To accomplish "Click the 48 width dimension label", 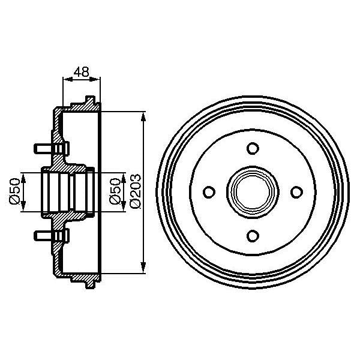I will [81, 72].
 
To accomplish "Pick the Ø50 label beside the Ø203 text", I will [118, 191].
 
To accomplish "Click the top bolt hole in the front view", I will [253, 148].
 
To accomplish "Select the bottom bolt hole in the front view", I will [253, 235].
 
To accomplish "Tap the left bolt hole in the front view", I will [209, 192].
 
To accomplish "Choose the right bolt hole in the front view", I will [296, 192].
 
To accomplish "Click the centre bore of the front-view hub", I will [253, 192].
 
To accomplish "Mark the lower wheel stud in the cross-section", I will [46, 235].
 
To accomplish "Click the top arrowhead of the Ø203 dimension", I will [143, 115].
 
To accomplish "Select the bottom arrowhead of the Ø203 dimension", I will [143, 269].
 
